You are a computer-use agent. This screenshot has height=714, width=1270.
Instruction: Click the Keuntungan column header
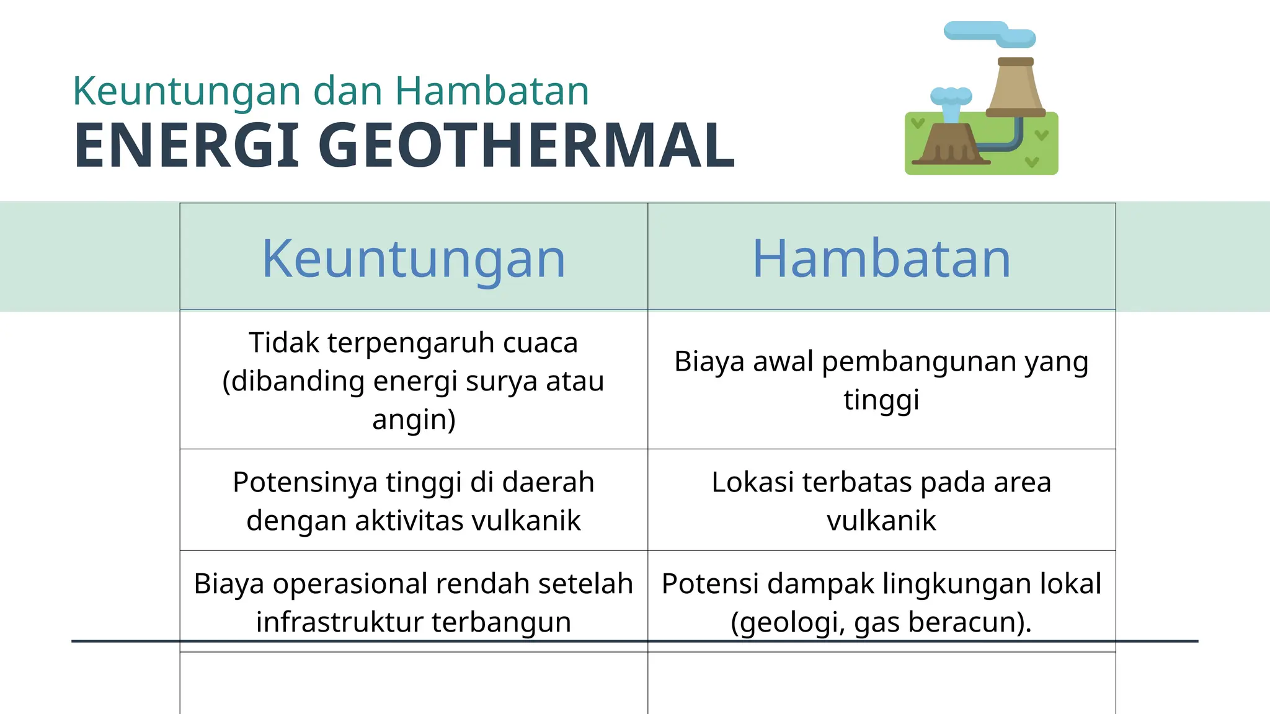point(414,258)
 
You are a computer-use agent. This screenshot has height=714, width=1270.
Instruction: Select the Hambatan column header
point(881,258)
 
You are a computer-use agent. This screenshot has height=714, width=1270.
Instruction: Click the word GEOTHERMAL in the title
point(526,146)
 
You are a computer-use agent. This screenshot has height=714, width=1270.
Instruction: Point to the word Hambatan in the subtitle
point(492,91)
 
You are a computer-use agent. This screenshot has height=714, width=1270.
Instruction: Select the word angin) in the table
point(414,420)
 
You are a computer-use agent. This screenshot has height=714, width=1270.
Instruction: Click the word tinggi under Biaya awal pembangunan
point(881,400)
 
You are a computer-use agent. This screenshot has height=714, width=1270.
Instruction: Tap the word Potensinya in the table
point(304,482)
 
